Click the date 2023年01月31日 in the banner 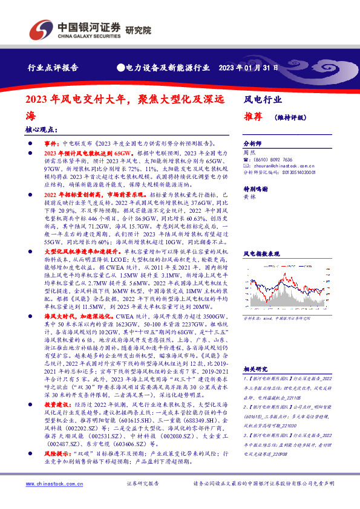point(248,67)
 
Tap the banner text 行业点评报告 point(53,68)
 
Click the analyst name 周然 point(249,154)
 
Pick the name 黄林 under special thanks point(249,198)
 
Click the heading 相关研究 point(255,368)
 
